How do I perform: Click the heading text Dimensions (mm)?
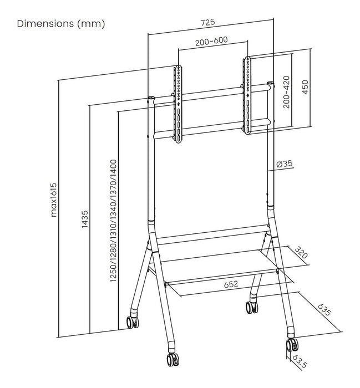61,24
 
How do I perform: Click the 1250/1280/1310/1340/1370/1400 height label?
113,221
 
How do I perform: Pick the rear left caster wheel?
132,321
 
